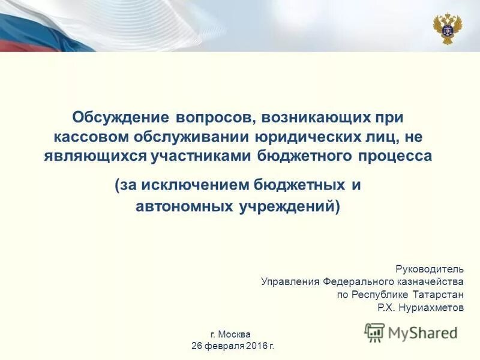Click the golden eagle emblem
point(448,28)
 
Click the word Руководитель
point(430,268)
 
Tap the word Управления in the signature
point(290,281)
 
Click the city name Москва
point(235,334)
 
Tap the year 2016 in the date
point(255,346)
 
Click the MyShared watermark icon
point(375,332)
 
